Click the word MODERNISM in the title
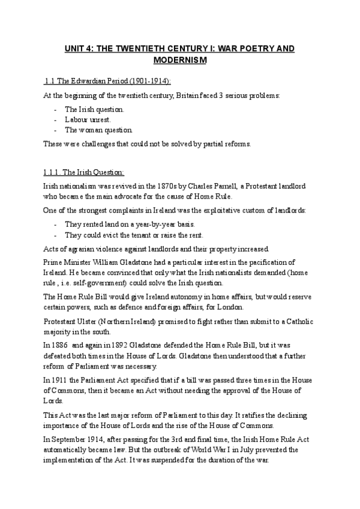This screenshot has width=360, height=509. point(180,61)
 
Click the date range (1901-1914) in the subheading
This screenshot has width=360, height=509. point(133,82)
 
